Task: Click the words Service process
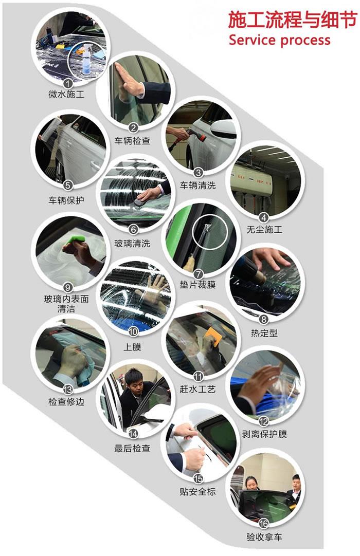pyautogui.click(x=279, y=40)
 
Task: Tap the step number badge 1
pyautogui.click(x=67, y=82)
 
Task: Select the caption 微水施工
pyautogui.click(x=66, y=94)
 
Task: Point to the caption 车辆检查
pyautogui.click(x=132, y=140)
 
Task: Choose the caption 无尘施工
pyautogui.click(x=264, y=230)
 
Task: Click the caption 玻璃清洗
pyautogui.click(x=132, y=243)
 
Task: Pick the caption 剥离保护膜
pyautogui.click(x=264, y=434)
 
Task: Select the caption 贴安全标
pyautogui.click(x=198, y=492)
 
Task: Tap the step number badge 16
pyautogui.click(x=264, y=524)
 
